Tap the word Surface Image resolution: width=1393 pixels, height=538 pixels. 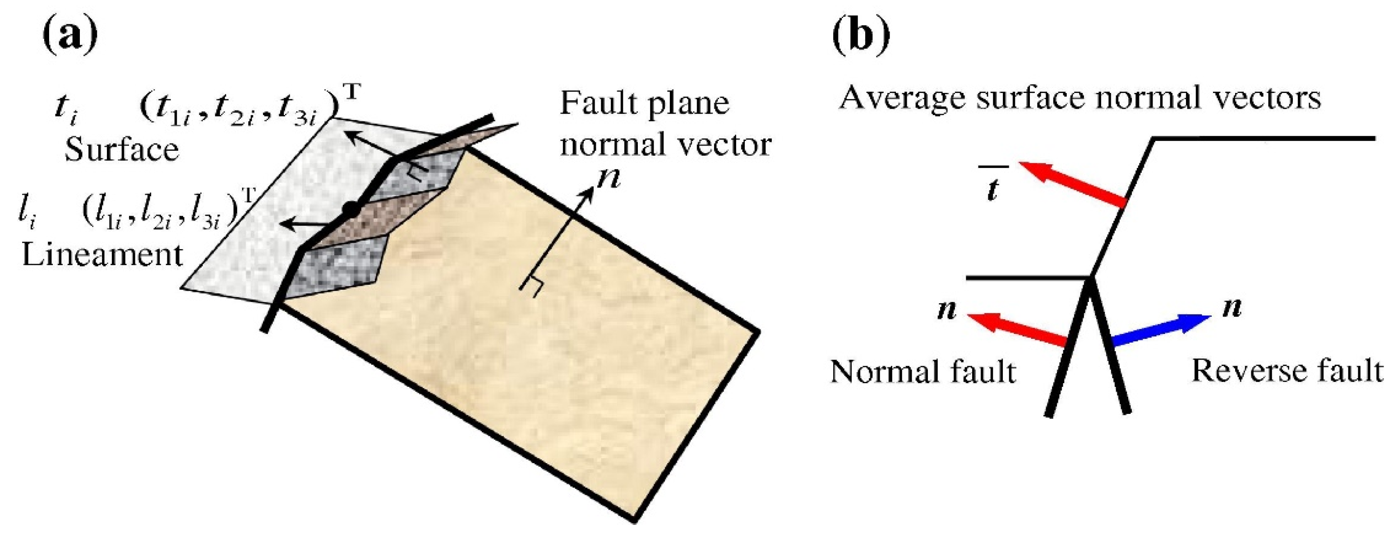pyautogui.click(x=122, y=150)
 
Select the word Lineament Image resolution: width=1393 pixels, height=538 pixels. pyautogui.click(x=102, y=255)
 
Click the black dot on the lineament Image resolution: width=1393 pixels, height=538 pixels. pyautogui.click(x=351, y=209)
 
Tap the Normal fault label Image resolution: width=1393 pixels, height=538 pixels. pyautogui.click(x=923, y=372)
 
